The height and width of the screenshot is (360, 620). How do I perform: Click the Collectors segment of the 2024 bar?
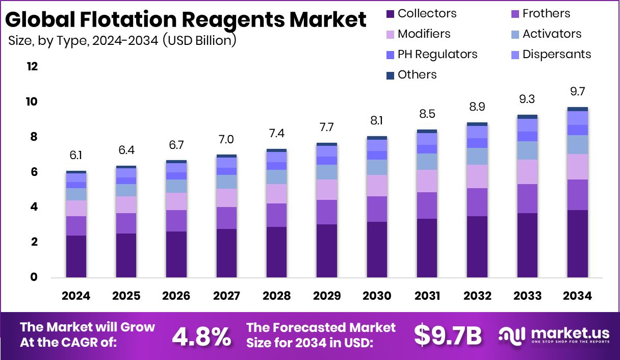click(x=76, y=256)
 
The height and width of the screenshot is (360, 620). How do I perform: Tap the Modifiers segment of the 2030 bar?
click(x=377, y=186)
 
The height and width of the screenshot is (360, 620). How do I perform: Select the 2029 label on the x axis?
click(x=327, y=296)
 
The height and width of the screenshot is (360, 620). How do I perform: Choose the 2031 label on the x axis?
click(x=427, y=296)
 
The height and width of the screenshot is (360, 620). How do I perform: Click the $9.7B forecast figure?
click(x=448, y=335)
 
